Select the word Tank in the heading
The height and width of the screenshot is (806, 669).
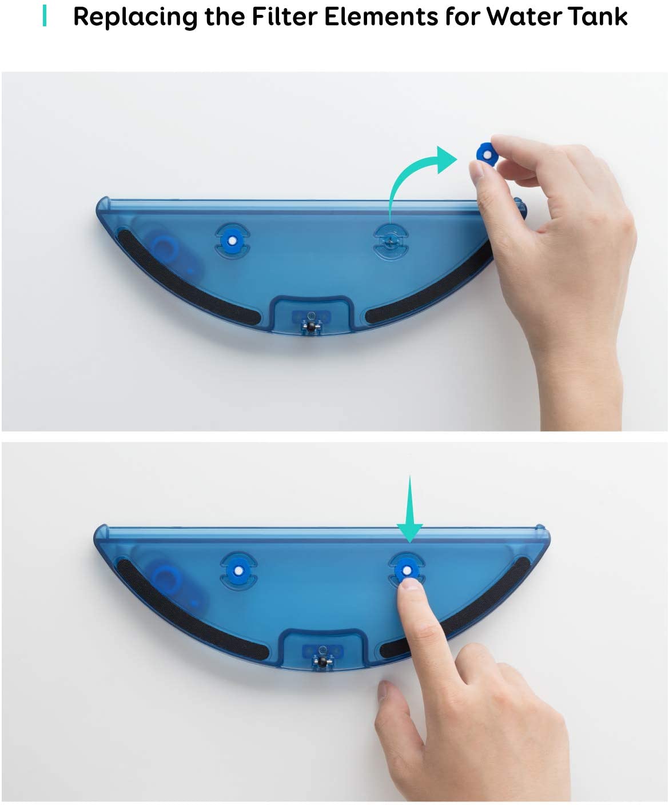[x=598, y=17]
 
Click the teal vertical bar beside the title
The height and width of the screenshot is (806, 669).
[x=45, y=16]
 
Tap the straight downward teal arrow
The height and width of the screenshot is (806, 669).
[x=410, y=509]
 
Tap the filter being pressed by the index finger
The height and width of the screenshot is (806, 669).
[x=407, y=570]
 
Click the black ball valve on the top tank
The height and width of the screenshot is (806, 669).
[x=310, y=326]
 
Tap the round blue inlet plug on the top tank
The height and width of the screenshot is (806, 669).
[x=164, y=249]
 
